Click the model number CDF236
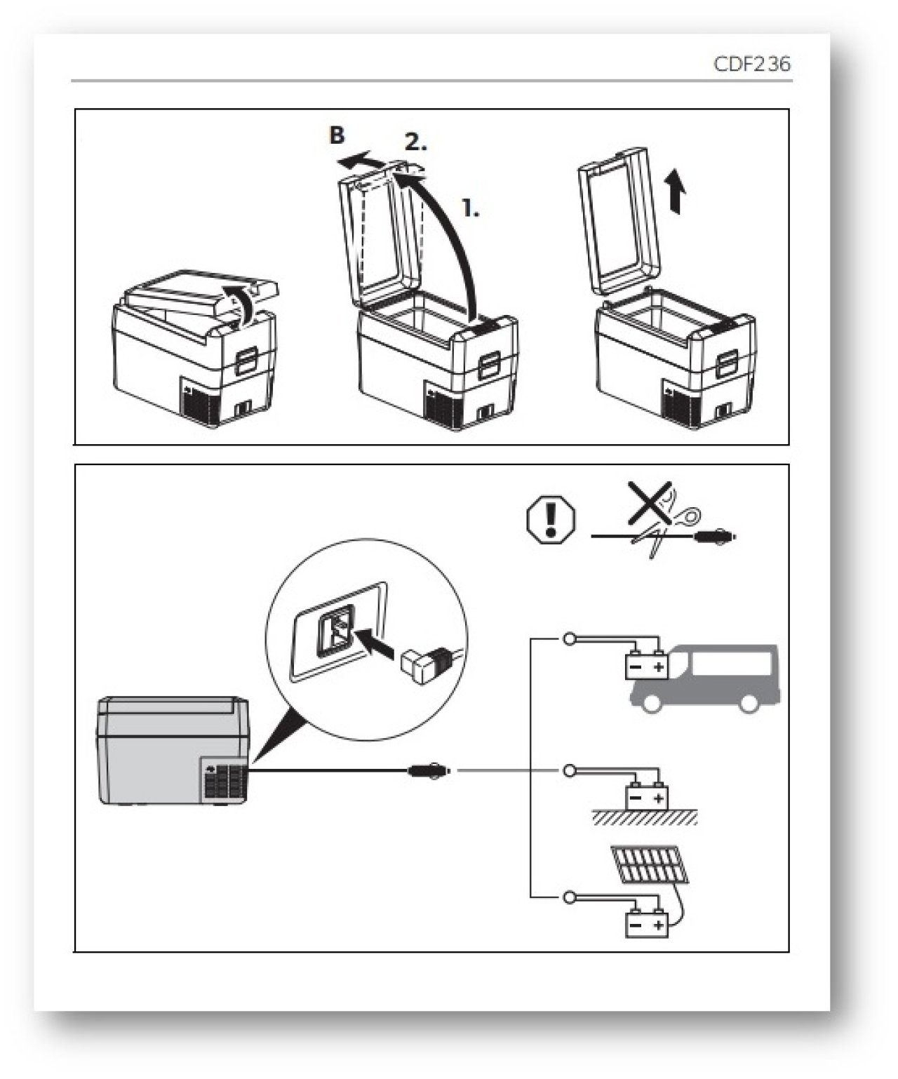pyautogui.click(x=751, y=64)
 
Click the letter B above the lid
pyautogui.click(x=337, y=135)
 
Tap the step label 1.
pyautogui.click(x=471, y=208)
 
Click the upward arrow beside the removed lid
pyautogui.click(x=674, y=189)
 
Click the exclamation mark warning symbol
pyautogui.click(x=550, y=520)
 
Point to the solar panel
pyautogui.click(x=649, y=864)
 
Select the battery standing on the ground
pyautogui.click(x=646, y=797)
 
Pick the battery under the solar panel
pyautogui.click(x=646, y=925)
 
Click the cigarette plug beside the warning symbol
pyautogui.click(x=713, y=539)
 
